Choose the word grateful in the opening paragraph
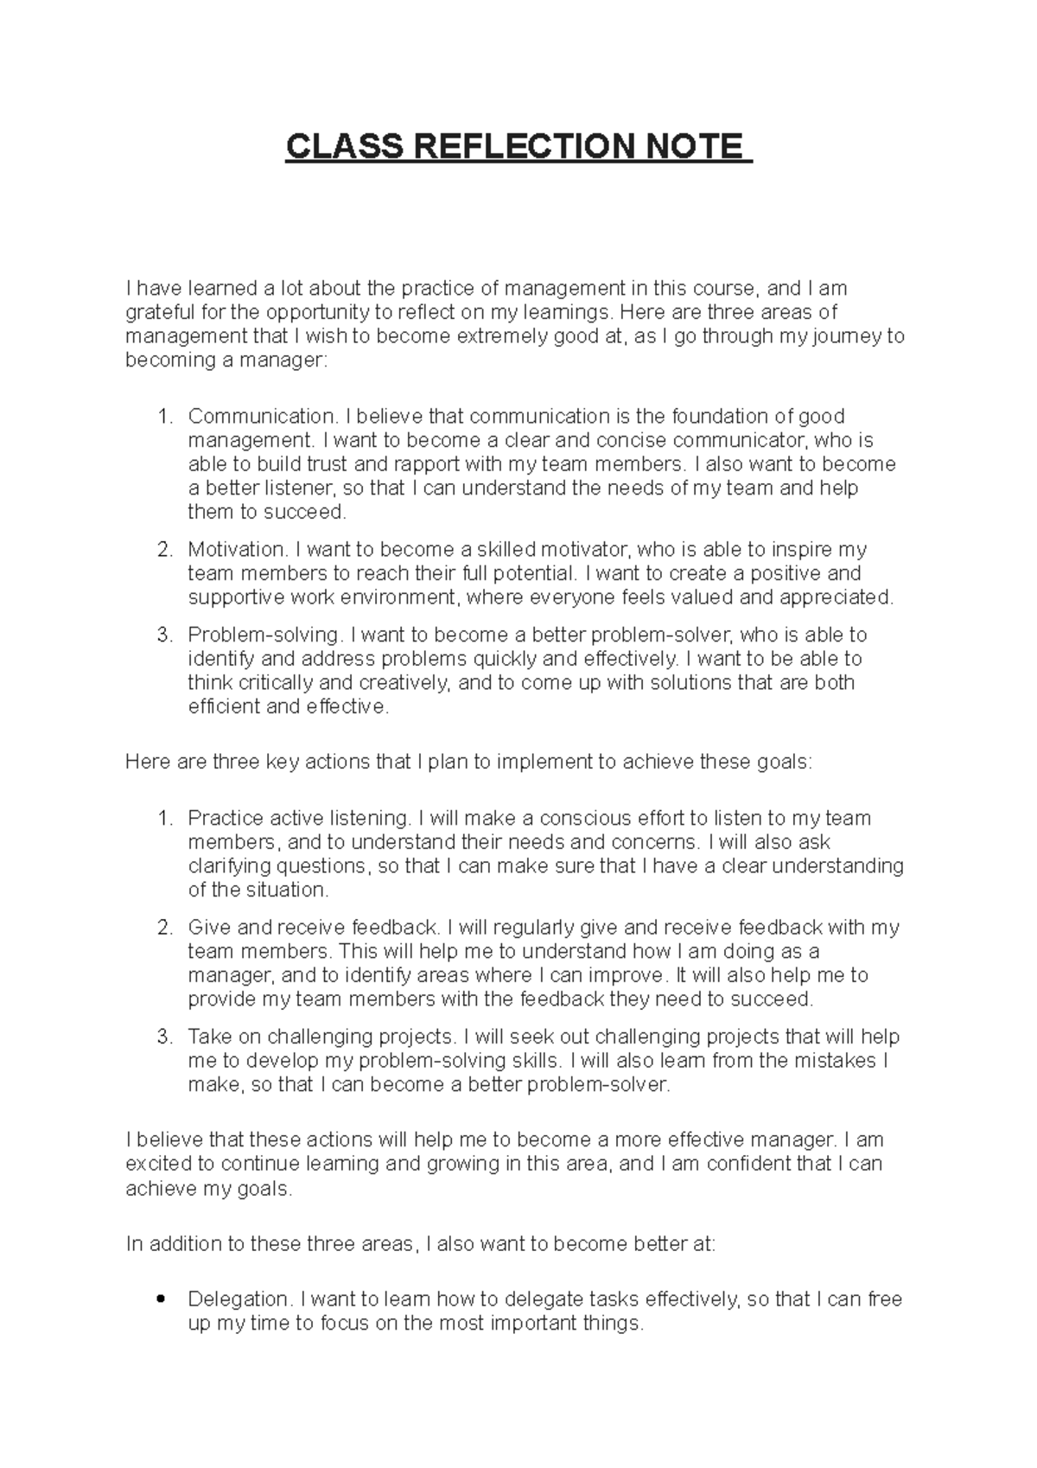click(158, 312)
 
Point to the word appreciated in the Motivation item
click(837, 597)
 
